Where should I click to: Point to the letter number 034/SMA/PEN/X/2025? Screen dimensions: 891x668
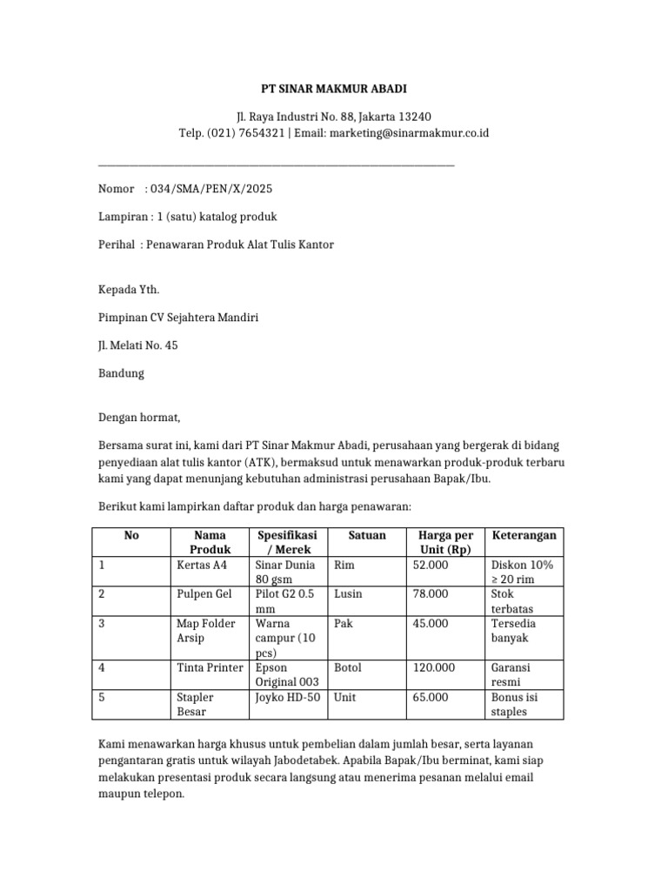(211, 189)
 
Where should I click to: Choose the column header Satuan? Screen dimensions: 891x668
(366, 535)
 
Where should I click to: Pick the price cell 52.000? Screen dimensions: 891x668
(431, 565)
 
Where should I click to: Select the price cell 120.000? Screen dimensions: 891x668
(434, 667)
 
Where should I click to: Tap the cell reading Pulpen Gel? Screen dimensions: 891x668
(203, 593)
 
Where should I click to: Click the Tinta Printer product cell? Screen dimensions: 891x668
(210, 667)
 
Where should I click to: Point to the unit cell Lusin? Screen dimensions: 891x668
(348, 593)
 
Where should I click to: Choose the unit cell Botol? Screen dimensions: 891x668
(348, 667)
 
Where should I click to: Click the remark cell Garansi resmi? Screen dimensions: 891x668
(511, 675)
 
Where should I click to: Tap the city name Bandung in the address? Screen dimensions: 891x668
(121, 373)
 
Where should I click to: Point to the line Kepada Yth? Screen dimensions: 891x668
(129, 290)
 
